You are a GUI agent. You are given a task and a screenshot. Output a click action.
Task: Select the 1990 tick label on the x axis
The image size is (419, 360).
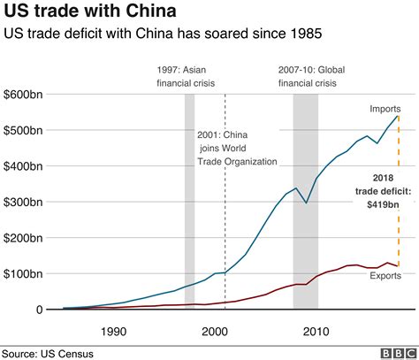point(112,332)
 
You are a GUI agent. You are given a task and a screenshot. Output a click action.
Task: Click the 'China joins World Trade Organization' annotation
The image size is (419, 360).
point(236,149)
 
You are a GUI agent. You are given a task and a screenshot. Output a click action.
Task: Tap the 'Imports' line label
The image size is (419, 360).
point(385,109)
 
